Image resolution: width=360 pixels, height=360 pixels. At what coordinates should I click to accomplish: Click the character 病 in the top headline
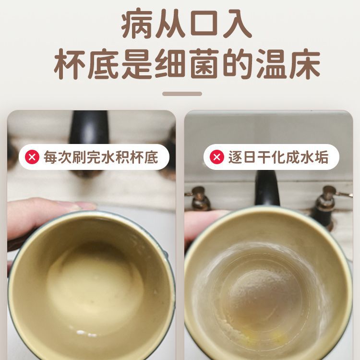[x=137, y=23]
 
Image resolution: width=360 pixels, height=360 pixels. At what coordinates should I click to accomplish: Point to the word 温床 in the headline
[x=288, y=64]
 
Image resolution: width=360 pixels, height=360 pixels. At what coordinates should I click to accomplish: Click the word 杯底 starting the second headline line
[x=86, y=64]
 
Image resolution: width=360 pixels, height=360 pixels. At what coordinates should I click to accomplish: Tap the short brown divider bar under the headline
[x=182, y=94]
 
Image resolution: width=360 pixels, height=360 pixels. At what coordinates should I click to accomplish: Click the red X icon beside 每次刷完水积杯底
[x=32, y=157]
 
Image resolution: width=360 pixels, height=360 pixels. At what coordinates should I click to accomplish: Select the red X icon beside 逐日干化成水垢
[x=217, y=157]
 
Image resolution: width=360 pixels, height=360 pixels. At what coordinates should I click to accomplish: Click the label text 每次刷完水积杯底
[x=101, y=157]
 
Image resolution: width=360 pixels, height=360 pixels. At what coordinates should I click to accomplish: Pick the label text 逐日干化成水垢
[x=278, y=157]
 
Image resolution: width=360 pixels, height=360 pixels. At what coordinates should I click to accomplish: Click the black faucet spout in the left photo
[x=89, y=127]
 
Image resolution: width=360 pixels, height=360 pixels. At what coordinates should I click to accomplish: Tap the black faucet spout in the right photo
[x=267, y=188]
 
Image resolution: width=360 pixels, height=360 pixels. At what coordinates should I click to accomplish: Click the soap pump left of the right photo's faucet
[x=199, y=199]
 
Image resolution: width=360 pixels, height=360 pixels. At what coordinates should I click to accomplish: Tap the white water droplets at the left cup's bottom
[x=85, y=333]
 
